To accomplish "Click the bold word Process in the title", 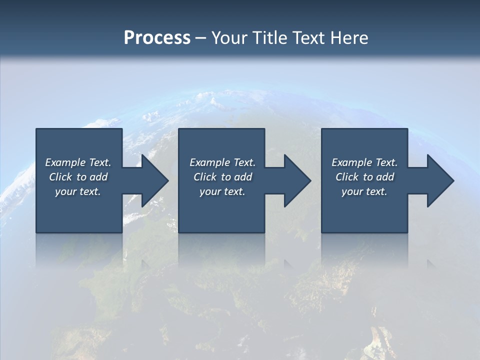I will pyautogui.click(x=157, y=38).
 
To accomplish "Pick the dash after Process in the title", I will pyautogui.click(x=200, y=38).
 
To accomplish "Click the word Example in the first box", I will pyautogui.click(x=65, y=162).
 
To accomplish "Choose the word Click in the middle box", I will pyautogui.click(x=205, y=177).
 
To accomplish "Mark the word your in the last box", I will pyautogui.click(x=352, y=191).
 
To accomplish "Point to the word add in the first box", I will pyautogui.click(x=99, y=177).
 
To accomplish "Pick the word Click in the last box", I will pyautogui.click(x=347, y=177).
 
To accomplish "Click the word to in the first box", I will pyautogui.click(x=81, y=177).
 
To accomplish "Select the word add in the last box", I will pyautogui.click(x=385, y=177).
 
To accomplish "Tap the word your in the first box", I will pyautogui.click(x=66, y=191).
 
